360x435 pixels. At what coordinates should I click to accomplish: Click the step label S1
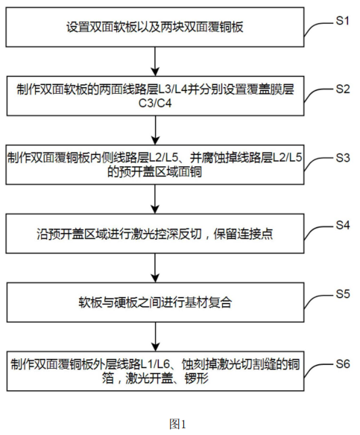point(342,22)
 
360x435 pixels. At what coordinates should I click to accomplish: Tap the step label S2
point(342,88)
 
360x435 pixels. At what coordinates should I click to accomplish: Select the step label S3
point(342,157)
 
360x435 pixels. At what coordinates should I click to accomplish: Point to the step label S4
point(342,223)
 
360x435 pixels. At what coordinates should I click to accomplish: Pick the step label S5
point(342,292)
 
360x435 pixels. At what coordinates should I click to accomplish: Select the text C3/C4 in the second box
point(154,102)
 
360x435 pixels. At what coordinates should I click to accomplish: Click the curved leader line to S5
point(320,296)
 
